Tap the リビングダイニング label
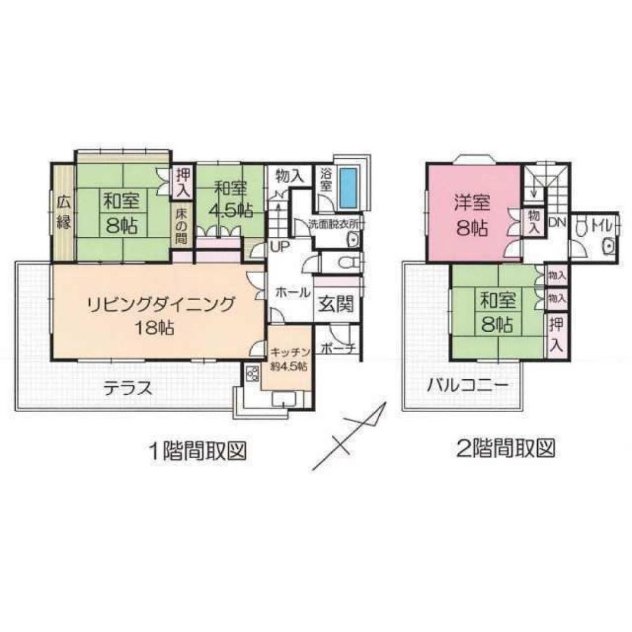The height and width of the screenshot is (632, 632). [x=161, y=303]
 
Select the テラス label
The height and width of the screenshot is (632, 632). [x=128, y=387]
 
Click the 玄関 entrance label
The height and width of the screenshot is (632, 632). [x=335, y=304]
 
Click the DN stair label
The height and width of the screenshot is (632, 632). [x=557, y=222]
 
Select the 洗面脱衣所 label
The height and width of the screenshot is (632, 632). [x=335, y=224]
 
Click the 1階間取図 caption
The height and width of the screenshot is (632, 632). [x=196, y=451]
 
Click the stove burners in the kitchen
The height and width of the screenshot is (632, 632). [x=252, y=373]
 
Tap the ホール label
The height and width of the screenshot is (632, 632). [x=293, y=293]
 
